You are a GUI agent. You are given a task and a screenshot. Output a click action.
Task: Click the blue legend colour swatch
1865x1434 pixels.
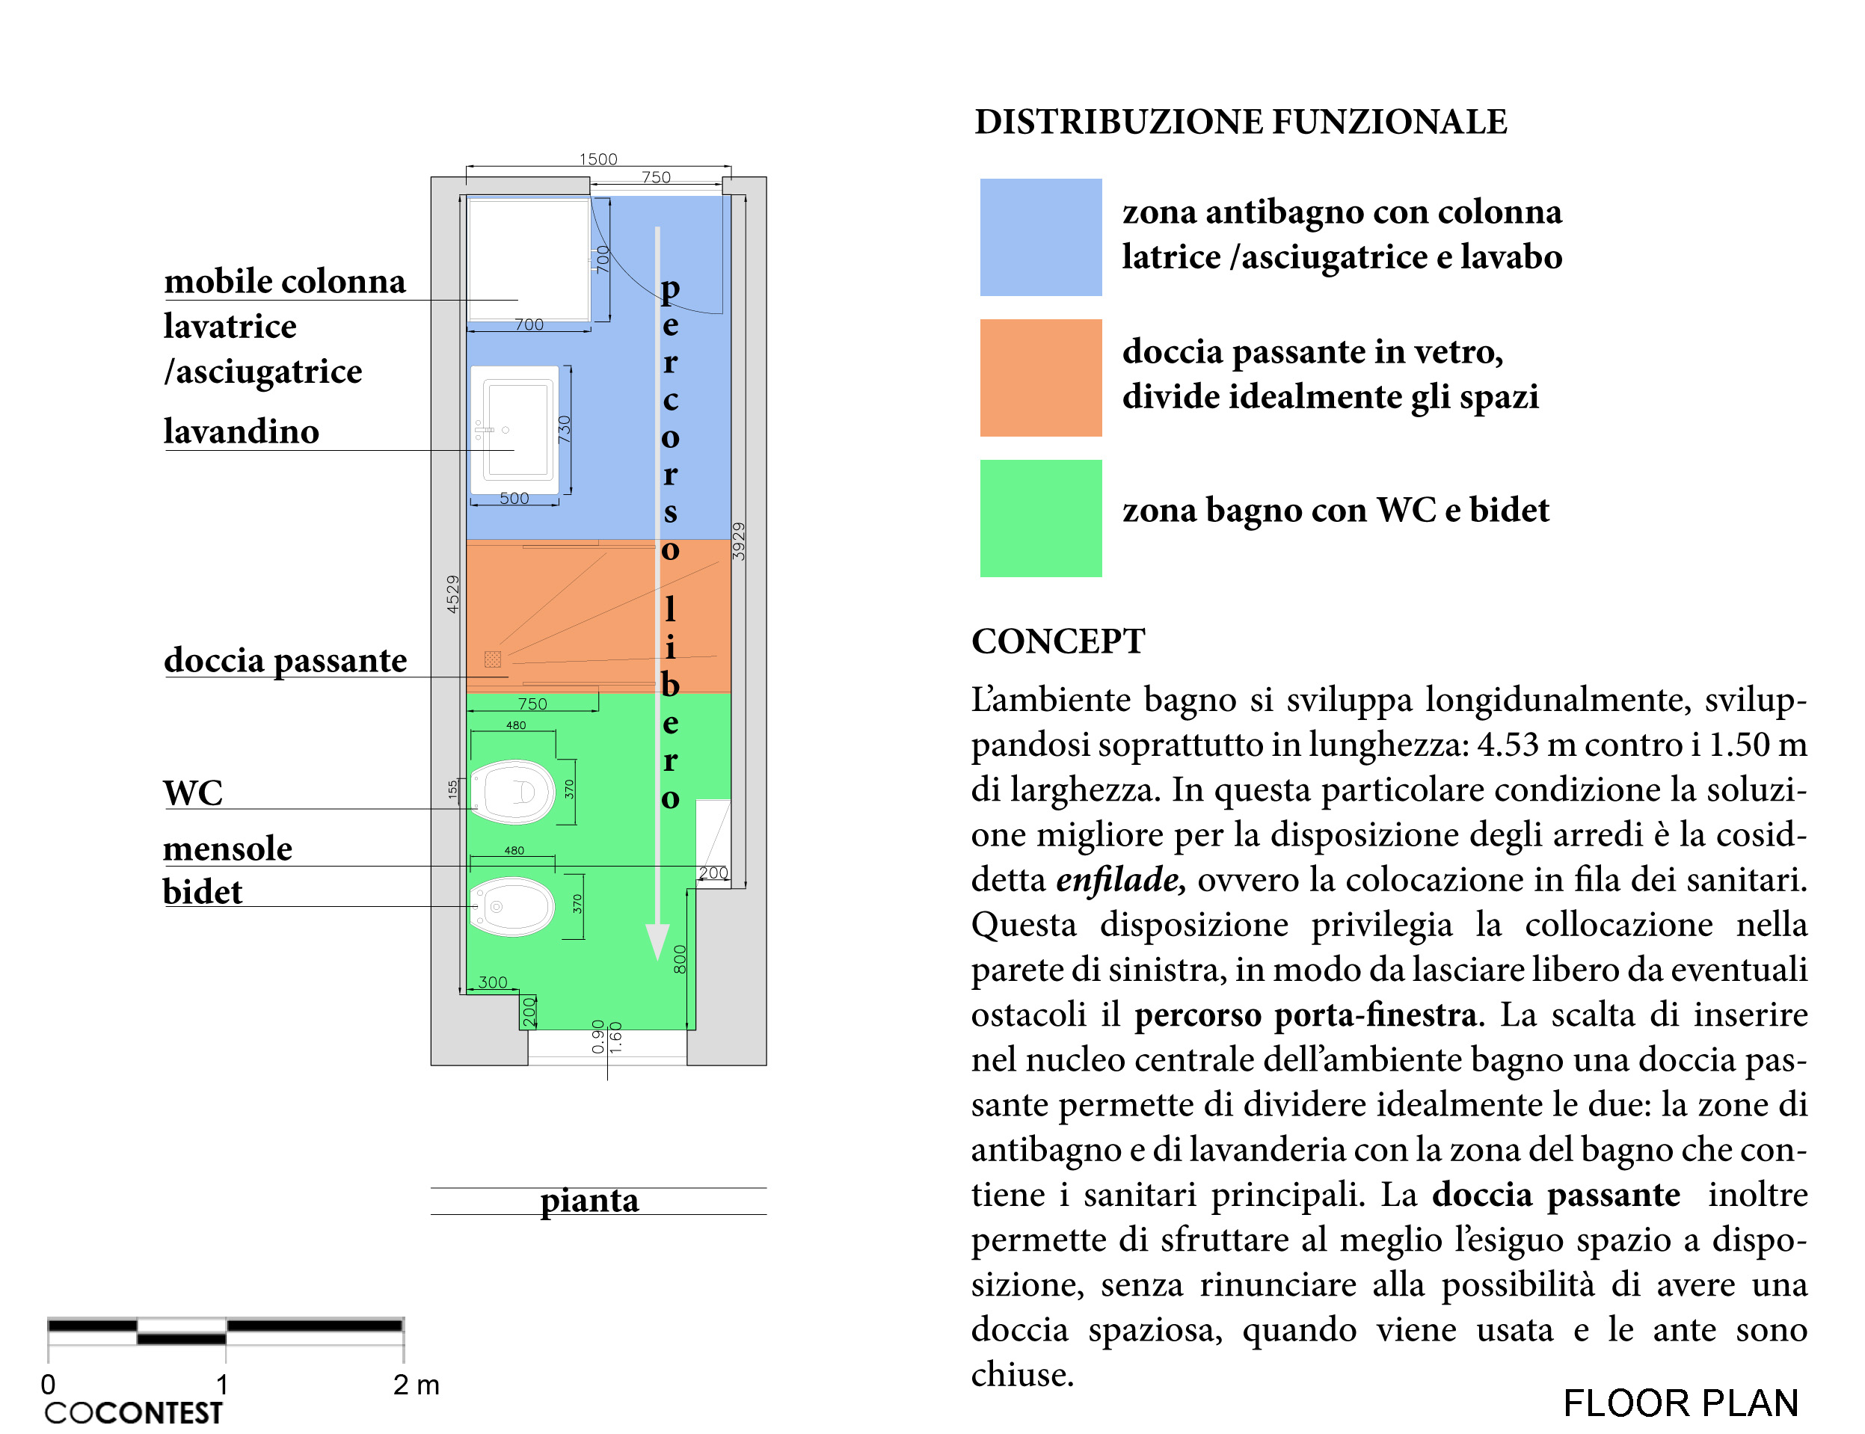[1039, 236]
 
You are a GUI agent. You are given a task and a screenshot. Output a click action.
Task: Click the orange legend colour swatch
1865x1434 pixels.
[1039, 378]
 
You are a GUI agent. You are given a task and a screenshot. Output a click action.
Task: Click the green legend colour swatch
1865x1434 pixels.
[1039, 518]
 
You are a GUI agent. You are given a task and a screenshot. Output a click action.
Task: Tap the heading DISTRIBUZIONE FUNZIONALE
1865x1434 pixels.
[1240, 122]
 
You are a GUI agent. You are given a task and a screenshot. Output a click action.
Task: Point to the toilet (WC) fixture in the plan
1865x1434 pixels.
[512, 791]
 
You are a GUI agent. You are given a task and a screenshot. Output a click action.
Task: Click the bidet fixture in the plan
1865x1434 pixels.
[512, 906]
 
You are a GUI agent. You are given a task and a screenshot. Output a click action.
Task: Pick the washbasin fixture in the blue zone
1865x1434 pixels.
[515, 429]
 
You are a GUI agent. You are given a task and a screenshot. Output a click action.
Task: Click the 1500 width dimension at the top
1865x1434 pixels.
[597, 159]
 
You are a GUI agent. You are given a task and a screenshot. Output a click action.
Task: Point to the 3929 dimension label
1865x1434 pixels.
[739, 541]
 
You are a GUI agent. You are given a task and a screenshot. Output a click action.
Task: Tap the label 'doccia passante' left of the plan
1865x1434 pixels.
[285, 661]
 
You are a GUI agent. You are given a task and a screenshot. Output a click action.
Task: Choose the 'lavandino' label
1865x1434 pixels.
[241, 432]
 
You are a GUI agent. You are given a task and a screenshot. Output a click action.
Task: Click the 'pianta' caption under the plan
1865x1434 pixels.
[589, 1200]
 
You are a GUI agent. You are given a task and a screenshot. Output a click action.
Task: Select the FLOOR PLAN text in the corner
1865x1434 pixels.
[1680, 1403]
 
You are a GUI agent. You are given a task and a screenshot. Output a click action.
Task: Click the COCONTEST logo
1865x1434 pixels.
[133, 1412]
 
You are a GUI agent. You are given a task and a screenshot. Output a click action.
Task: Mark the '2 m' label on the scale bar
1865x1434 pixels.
[416, 1385]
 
